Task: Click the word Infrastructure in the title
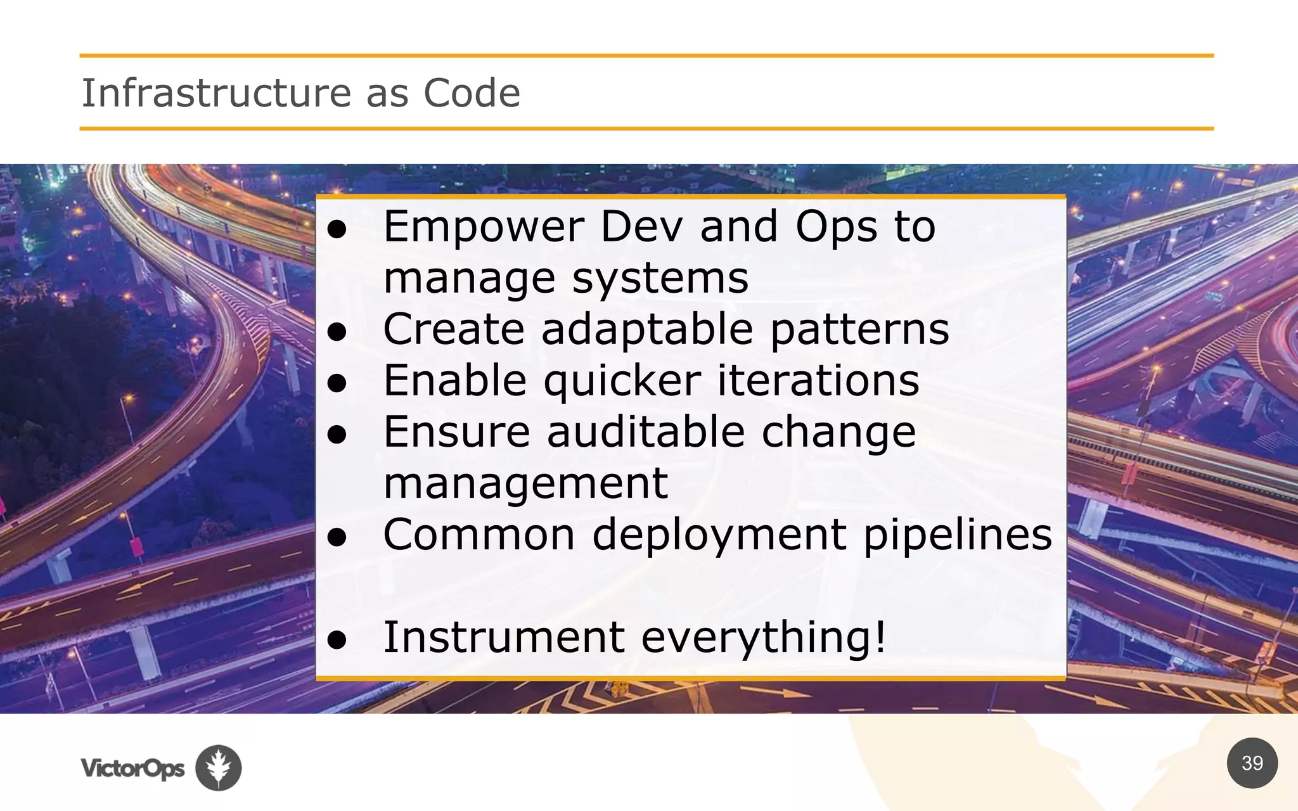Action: pyautogui.click(x=215, y=93)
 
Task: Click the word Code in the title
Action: pyautogui.click(x=472, y=93)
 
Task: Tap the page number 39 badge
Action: pyautogui.click(x=1252, y=763)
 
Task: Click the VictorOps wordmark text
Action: pyautogui.click(x=132, y=769)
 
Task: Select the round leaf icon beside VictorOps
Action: pyautogui.click(x=218, y=767)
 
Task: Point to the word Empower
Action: pyautogui.click(x=484, y=227)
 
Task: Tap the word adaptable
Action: pyautogui.click(x=646, y=329)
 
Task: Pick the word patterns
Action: pyautogui.click(x=860, y=329)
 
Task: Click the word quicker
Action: pyautogui.click(x=622, y=381)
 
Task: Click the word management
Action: pyautogui.click(x=525, y=483)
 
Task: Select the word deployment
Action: pyautogui.click(x=719, y=535)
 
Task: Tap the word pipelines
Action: pyautogui.click(x=957, y=535)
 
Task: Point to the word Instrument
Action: pyautogui.click(x=504, y=637)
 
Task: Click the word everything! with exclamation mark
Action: pyautogui.click(x=764, y=637)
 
